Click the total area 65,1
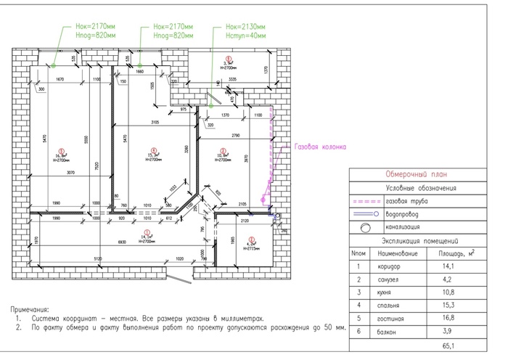point(456,344)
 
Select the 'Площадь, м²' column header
point(456,254)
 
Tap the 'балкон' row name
point(386,331)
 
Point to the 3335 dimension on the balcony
point(232,78)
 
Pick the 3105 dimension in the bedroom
point(154,122)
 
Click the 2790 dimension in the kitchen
point(236,136)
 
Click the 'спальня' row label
point(386,306)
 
